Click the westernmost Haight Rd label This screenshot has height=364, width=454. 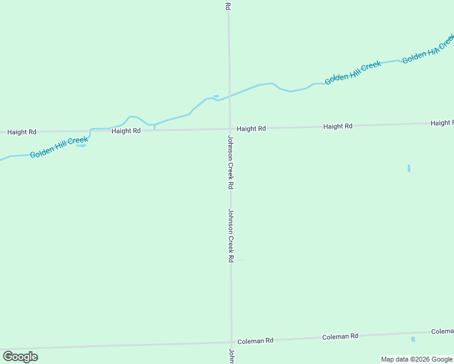(22, 132)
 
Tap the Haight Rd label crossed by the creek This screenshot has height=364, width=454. (126, 130)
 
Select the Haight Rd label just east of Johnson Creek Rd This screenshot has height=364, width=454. (251, 129)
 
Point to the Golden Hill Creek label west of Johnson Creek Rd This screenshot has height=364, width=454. (59, 147)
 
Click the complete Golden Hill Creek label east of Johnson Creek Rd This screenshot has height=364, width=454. (353, 73)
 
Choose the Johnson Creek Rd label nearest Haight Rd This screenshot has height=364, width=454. (230, 162)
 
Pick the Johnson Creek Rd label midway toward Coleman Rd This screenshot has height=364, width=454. (231, 235)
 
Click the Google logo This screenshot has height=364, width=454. (20, 357)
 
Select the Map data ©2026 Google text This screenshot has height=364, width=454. (416, 359)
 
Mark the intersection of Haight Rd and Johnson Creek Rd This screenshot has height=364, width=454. (229, 129)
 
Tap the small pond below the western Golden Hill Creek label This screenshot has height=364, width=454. (81, 146)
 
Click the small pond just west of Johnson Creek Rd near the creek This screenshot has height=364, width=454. (215, 96)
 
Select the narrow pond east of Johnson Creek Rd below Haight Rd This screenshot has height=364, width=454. (409, 168)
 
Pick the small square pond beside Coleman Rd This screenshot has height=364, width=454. (413, 339)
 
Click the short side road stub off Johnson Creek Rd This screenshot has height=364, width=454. (239, 260)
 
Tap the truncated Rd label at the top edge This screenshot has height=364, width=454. (228, 5)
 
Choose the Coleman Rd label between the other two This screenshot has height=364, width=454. (340, 336)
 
